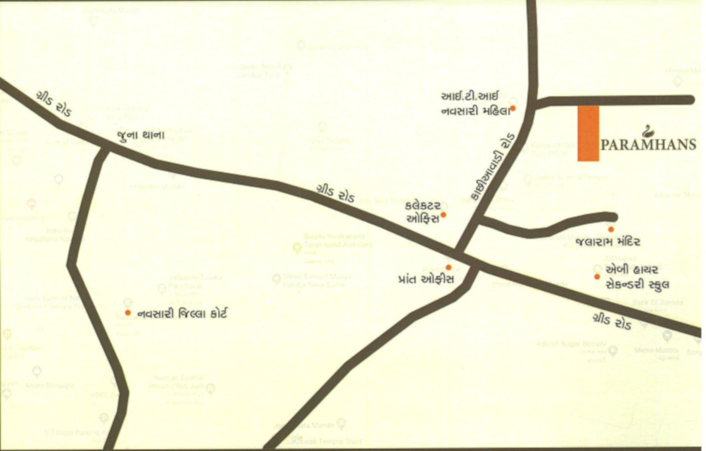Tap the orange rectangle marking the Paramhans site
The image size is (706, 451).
pos(588,133)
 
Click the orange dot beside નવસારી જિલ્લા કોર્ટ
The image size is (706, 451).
pos(128,313)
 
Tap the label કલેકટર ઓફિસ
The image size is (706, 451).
pos(423,213)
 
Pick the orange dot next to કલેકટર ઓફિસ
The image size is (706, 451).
pos(444,215)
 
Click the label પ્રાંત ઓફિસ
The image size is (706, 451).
pos(425,280)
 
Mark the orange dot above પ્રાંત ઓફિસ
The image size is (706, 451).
pos(449,267)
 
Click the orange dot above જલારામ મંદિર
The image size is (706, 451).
pos(611,229)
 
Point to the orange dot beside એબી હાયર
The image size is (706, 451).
pos(597,276)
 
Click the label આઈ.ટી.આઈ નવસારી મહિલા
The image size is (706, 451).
pos(474,102)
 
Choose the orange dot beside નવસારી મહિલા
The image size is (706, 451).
pos(513,108)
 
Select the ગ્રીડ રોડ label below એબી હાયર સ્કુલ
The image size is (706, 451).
pos(613,322)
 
